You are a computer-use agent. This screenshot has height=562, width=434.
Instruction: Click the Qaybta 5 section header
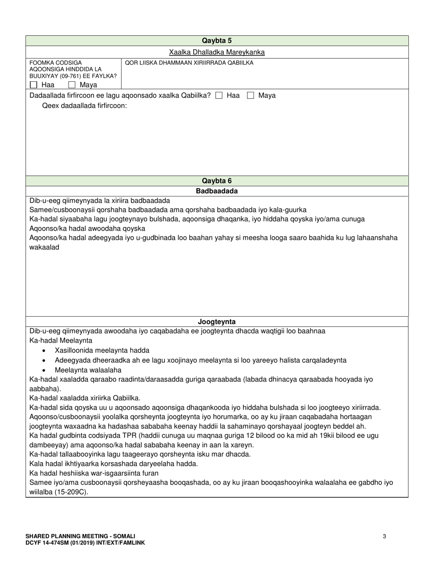tap(217, 41)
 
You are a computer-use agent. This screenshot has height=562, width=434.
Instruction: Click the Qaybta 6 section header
tap(217, 181)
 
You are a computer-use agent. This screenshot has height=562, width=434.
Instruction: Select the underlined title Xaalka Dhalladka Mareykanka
tap(217, 52)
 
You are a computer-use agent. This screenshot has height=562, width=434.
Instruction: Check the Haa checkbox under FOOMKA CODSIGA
tap(33, 85)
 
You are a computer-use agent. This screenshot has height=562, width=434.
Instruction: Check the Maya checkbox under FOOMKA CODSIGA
tap(72, 85)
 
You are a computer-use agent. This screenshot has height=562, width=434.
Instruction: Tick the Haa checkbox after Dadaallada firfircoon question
tap(219, 95)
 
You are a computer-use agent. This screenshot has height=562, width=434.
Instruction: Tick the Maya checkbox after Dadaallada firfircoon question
tap(250, 95)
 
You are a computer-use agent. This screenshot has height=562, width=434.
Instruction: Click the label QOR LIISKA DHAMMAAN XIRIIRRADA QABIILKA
tap(189, 63)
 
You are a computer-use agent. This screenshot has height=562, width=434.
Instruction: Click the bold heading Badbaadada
tap(217, 191)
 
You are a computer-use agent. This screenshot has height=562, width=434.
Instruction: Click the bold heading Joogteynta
tap(217, 322)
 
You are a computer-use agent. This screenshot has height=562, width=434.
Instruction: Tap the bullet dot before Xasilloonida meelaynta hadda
tap(43, 351)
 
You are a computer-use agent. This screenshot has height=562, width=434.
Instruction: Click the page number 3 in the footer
tap(384, 536)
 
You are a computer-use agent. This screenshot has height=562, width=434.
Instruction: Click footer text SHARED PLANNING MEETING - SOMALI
tap(80, 536)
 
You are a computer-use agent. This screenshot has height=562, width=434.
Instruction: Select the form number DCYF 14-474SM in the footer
tap(46, 542)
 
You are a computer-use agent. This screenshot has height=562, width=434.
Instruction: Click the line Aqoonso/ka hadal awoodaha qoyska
tap(87, 228)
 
